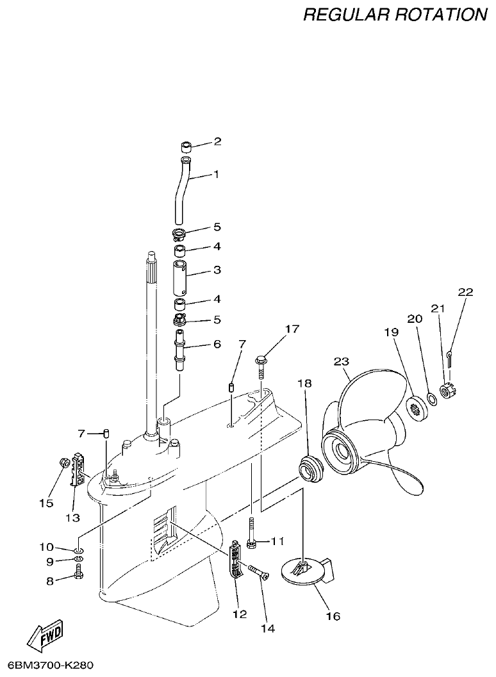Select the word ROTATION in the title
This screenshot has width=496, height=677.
pos(441,14)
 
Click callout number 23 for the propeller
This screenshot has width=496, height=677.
pos(342,363)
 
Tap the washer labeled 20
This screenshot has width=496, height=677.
pos(432,400)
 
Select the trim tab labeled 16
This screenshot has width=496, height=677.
pos(306,569)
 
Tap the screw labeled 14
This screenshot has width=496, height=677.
pos(256,571)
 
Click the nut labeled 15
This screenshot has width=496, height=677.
pos(64,462)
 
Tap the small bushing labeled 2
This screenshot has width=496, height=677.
pos(186,144)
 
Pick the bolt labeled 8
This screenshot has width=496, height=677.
pos(78,575)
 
